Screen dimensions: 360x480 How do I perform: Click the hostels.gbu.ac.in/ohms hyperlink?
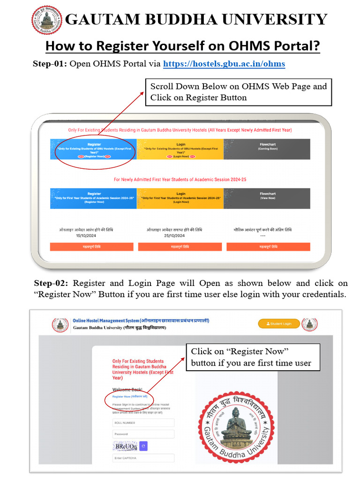coord(224,63)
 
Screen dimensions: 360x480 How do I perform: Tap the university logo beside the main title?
coord(47,20)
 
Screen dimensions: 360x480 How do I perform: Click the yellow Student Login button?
coord(279,323)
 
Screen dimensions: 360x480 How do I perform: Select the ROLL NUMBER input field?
coord(143,422)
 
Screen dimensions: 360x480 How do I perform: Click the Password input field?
coord(143,434)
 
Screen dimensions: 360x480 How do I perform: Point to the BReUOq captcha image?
coord(126,446)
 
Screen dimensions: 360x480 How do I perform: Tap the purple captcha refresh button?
coord(143,446)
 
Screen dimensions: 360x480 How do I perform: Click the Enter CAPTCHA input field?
coord(143,458)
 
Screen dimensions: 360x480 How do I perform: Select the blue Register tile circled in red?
coord(94,150)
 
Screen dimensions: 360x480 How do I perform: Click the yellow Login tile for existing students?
coord(180,150)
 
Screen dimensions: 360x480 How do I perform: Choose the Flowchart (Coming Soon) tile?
coord(267,150)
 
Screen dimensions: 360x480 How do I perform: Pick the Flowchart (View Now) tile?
coord(267,198)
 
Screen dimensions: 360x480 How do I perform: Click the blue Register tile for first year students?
coord(94,198)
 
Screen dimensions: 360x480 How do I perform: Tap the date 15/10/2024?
coord(85,236)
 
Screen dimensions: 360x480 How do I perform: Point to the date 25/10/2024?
coord(174,236)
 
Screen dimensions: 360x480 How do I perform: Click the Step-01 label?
coord(50,64)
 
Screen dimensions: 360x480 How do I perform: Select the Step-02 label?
coord(52,283)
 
